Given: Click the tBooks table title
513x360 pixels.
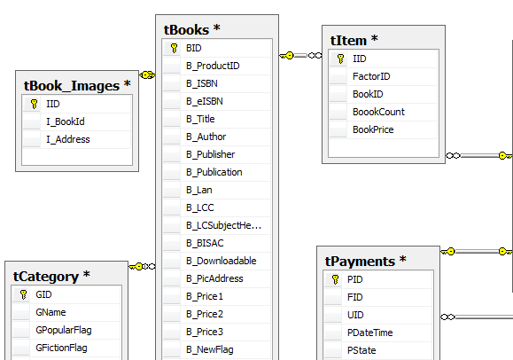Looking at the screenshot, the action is click(x=191, y=30).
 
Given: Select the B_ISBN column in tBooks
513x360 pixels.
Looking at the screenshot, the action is click(x=201, y=83).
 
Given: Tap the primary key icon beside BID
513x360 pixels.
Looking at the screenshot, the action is click(x=174, y=48).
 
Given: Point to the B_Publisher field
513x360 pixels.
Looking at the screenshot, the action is click(x=210, y=154).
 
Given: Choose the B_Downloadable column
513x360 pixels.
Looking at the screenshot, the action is click(x=222, y=261).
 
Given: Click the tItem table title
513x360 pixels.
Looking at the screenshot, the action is click(x=354, y=41).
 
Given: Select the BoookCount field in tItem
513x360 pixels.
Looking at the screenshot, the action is click(x=378, y=112).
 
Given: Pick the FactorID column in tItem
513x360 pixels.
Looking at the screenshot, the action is click(x=371, y=76).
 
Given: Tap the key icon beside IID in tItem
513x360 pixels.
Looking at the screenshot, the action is click(x=340, y=59).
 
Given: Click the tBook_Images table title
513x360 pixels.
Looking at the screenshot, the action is click(x=77, y=86).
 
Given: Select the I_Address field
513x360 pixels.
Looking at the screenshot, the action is click(x=68, y=139).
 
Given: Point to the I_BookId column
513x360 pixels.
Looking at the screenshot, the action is click(x=66, y=121).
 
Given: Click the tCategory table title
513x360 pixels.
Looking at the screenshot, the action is click(x=51, y=277).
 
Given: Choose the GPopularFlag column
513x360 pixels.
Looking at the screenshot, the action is click(x=64, y=330).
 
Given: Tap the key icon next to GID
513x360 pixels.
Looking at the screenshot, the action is click(x=23, y=294).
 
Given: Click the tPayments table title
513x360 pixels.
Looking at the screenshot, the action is click(x=365, y=261).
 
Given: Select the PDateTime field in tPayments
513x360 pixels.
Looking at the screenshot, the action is click(x=369, y=333).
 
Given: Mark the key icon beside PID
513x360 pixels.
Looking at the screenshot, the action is click(x=335, y=279).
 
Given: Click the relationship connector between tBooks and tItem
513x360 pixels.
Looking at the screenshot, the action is click(x=300, y=56).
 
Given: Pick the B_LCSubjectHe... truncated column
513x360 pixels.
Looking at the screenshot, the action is click(x=224, y=225).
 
